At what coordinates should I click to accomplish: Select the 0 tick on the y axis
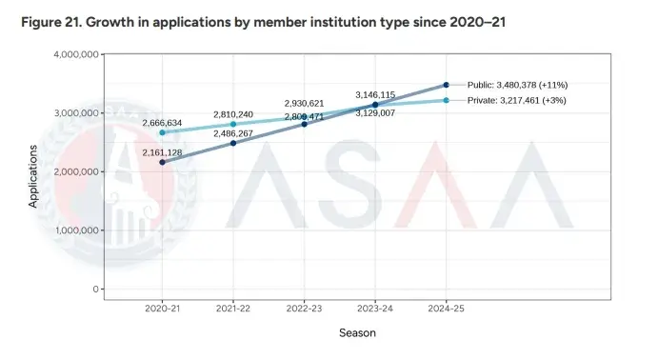95,289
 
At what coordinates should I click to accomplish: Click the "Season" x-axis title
359,333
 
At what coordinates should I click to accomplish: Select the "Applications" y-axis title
33,176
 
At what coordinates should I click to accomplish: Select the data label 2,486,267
232,133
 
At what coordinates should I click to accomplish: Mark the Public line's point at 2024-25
446,85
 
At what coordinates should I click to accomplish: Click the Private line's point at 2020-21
162,132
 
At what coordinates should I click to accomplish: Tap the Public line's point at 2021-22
233,143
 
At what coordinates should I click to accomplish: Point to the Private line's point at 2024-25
446,100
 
